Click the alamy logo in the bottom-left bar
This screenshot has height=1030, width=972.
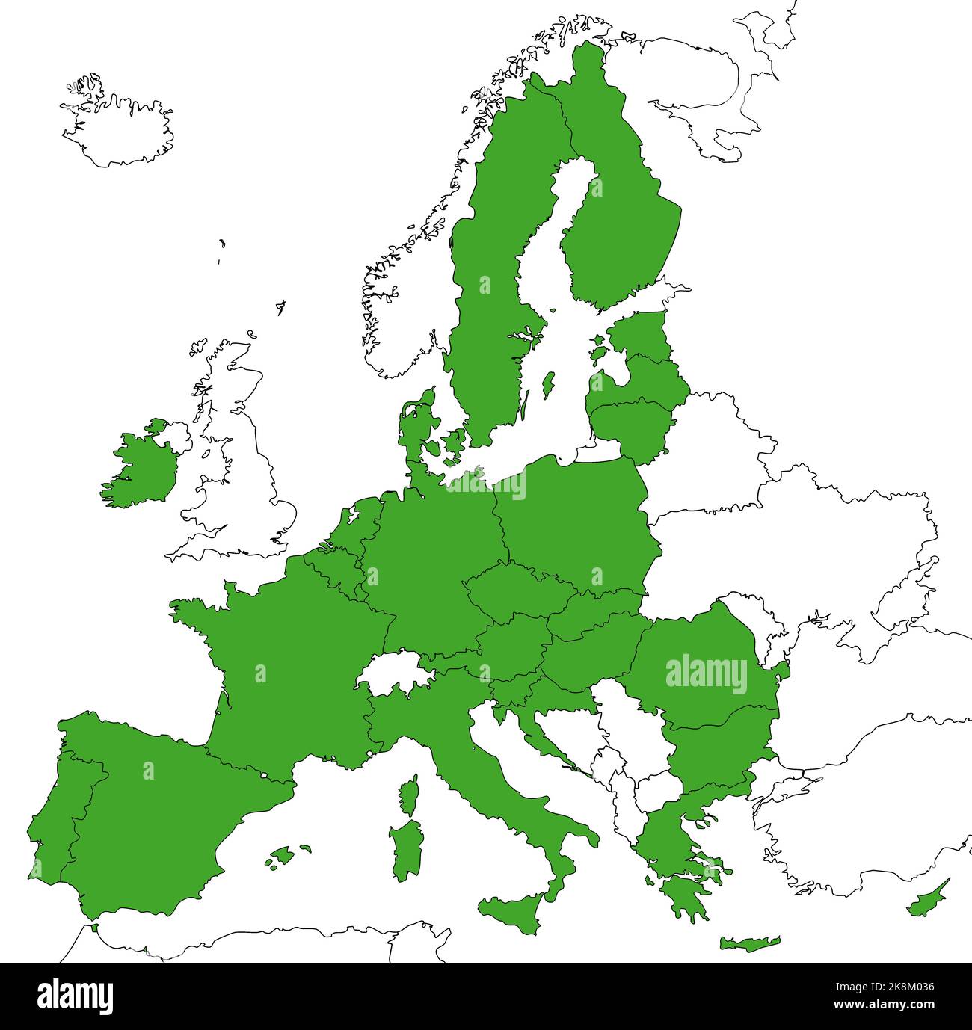click(x=75, y=996)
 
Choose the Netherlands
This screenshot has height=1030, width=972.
click(x=359, y=523)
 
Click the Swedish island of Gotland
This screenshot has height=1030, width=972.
click(x=547, y=386)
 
